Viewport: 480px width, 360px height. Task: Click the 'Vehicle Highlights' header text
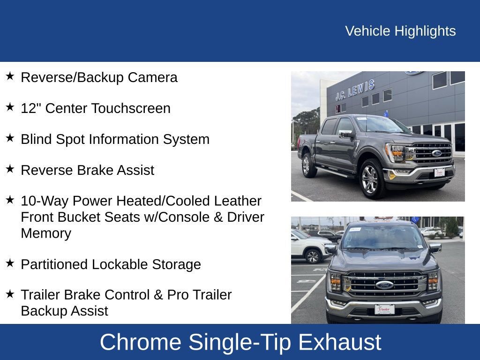click(400, 31)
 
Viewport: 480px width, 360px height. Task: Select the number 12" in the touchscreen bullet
click(31, 108)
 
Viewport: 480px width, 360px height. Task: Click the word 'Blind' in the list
click(37, 139)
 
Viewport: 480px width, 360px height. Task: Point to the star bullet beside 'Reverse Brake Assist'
click(10, 169)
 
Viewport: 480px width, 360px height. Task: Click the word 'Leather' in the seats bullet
click(238, 201)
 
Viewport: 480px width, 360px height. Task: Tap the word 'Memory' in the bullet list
click(46, 233)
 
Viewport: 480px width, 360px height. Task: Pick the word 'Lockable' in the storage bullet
click(120, 264)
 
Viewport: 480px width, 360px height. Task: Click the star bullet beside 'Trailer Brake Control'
click(10, 294)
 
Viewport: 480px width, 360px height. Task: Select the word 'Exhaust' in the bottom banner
click(339, 342)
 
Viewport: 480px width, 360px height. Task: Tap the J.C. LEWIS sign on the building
click(355, 90)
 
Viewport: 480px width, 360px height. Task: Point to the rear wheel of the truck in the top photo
click(307, 165)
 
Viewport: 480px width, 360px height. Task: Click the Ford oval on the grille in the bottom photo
click(384, 285)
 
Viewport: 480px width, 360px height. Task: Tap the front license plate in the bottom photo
click(384, 309)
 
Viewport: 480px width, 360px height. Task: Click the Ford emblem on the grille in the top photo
click(436, 153)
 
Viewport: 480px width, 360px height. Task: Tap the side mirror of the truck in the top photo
click(345, 134)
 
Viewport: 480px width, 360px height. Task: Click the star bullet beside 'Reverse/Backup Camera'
click(10, 76)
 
